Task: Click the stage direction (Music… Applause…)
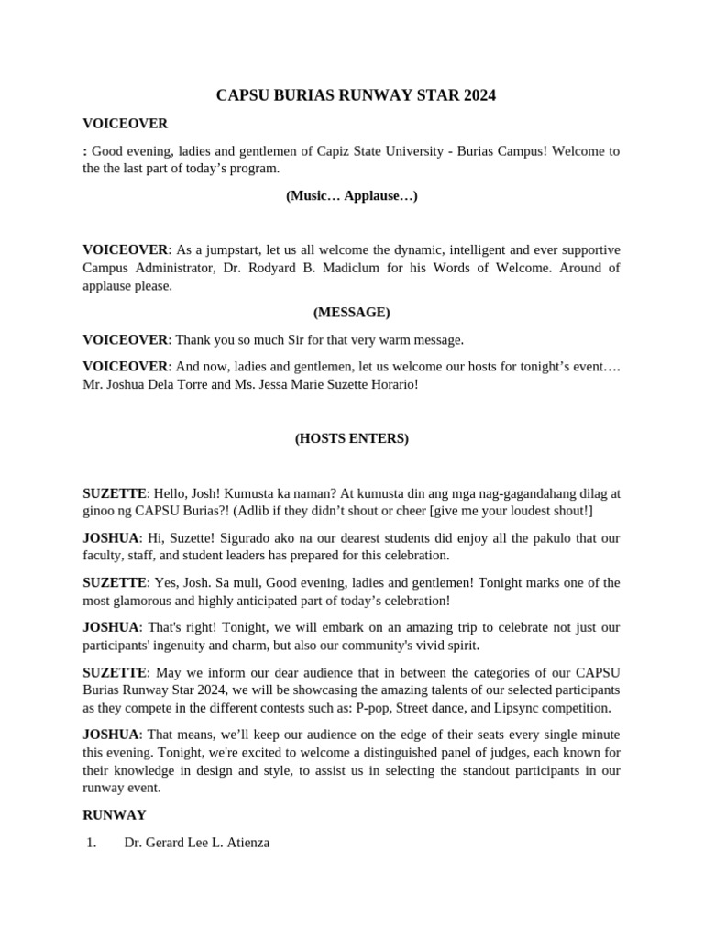click(351, 195)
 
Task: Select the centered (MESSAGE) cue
click(351, 312)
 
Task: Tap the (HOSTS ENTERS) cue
click(351, 438)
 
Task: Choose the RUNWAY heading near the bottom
click(114, 814)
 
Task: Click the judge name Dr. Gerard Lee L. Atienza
click(196, 842)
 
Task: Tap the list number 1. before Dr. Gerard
click(91, 842)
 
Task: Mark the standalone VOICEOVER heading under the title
click(125, 123)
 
